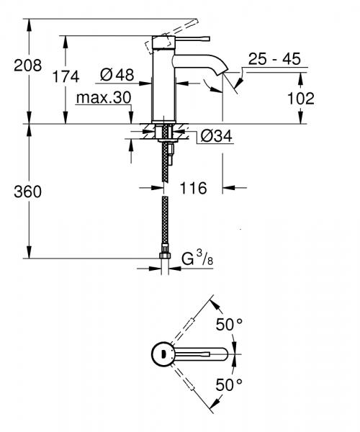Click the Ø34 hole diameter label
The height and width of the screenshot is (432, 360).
211,135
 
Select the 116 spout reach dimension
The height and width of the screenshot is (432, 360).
192,188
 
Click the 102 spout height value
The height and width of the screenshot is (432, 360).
300,97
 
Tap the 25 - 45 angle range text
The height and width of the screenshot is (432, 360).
273,58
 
